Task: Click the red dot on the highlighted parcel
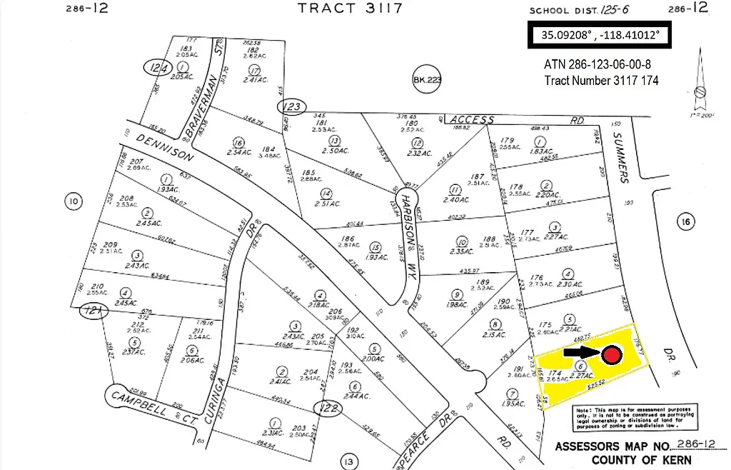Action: coord(611,356)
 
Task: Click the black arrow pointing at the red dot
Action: coord(582,351)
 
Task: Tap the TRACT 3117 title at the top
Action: coord(350,9)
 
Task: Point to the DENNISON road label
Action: coord(164,144)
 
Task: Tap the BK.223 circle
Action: coord(428,81)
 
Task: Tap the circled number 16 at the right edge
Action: coord(685,222)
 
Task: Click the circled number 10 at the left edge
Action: coord(73,202)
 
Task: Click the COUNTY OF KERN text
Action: coord(641,460)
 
